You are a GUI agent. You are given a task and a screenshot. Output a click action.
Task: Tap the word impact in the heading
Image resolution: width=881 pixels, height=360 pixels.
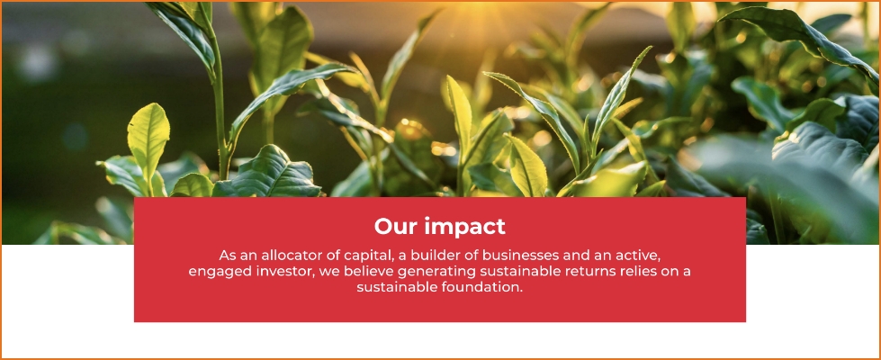[x=464, y=228]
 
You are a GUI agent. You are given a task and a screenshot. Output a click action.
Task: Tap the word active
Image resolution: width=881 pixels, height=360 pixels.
[x=635, y=256]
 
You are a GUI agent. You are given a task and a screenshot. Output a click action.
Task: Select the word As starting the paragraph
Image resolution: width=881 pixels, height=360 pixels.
[x=227, y=256]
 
